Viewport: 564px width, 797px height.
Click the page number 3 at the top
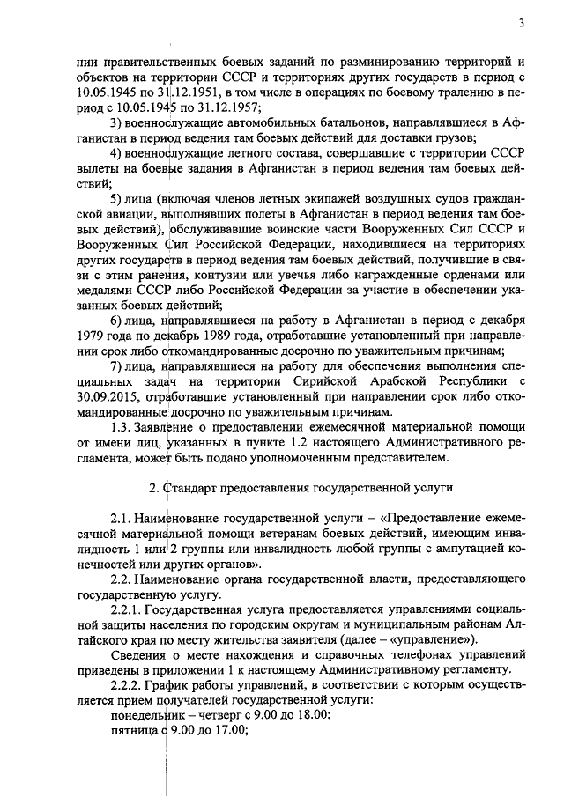[522, 24]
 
